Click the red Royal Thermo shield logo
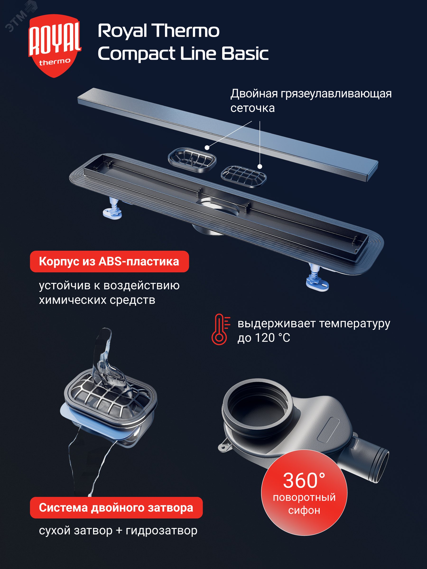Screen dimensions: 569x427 (x=55, y=46)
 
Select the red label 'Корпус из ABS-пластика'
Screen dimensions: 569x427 (x=109, y=262)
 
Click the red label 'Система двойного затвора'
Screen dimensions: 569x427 (x=116, y=508)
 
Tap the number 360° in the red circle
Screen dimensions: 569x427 (x=304, y=481)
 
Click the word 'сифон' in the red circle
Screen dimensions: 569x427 (x=304, y=510)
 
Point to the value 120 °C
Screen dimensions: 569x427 (x=272, y=338)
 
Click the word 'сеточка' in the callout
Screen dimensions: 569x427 (x=252, y=108)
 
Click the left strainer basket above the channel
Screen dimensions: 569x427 (x=192, y=160)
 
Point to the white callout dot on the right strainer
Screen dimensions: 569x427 (x=260, y=167)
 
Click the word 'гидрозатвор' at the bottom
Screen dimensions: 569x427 (x=161, y=530)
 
